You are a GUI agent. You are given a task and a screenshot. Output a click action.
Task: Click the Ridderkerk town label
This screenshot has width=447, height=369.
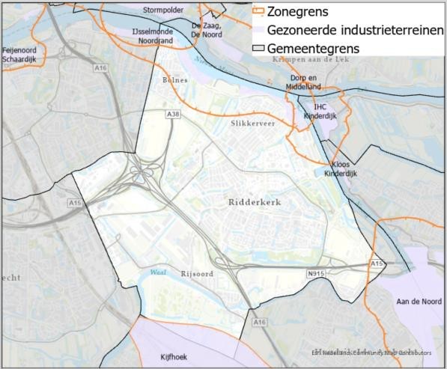pyautogui.click(x=252, y=203)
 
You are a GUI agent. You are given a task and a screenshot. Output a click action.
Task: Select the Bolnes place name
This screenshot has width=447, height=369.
pyautogui.click(x=175, y=79)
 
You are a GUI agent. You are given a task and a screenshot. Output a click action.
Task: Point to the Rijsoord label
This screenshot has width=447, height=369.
pyautogui.click(x=197, y=274)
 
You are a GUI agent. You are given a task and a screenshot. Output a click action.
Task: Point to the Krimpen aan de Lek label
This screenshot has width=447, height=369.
pyautogui.click(x=321, y=58)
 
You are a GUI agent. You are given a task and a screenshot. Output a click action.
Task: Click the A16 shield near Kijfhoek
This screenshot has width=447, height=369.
pyautogui.click(x=259, y=321)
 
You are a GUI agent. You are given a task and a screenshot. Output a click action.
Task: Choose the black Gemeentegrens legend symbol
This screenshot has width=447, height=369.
pyautogui.click(x=258, y=48)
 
